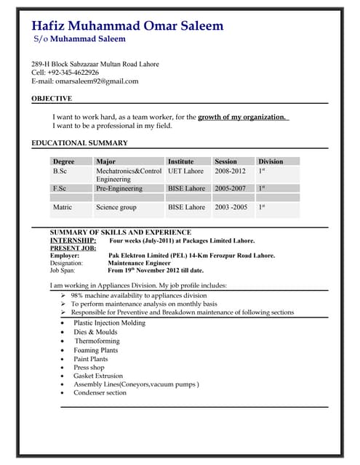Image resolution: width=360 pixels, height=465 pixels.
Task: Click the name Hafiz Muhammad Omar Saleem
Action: (127, 26)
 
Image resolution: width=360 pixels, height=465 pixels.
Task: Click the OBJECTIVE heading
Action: (52, 98)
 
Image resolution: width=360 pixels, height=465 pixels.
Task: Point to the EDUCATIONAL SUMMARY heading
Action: (80, 143)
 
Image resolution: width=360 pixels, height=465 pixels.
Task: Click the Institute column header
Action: (181, 161)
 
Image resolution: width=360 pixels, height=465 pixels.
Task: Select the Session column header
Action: (225, 161)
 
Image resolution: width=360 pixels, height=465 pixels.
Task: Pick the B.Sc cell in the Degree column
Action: (60, 171)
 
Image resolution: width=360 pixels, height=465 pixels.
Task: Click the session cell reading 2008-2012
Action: (230, 171)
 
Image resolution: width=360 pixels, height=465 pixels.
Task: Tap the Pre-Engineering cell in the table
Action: (119, 188)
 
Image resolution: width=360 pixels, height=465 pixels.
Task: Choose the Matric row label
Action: (63, 207)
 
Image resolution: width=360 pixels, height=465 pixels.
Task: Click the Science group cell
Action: (116, 207)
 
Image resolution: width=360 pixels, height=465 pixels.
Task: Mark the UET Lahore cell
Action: (185, 171)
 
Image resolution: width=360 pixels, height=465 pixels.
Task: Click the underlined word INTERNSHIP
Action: (73, 240)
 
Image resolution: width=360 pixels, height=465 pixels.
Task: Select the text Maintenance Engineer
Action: (140, 263)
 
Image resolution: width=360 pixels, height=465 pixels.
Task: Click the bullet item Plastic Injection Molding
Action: (109, 323)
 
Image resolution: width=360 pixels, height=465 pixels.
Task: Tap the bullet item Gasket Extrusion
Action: (100, 376)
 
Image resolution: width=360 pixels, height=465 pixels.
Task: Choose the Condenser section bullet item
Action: (100, 393)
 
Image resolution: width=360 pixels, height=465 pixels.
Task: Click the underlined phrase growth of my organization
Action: (242, 116)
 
